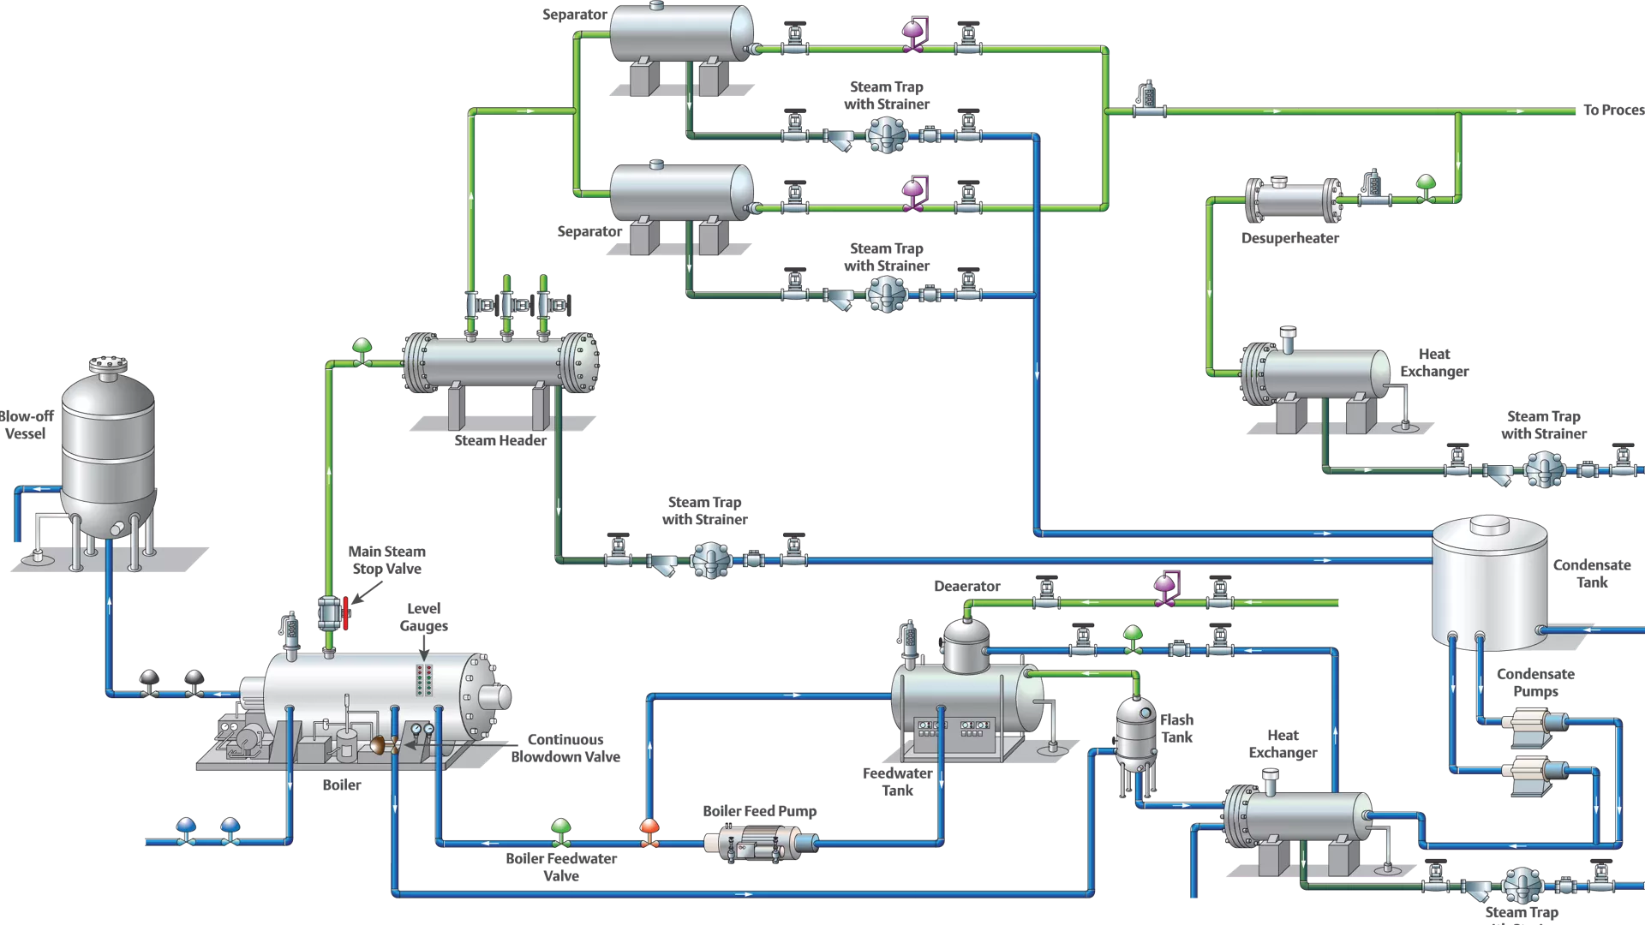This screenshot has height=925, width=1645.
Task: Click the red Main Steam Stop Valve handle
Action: coord(346,613)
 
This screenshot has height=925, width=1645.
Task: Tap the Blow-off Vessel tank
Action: coord(108,454)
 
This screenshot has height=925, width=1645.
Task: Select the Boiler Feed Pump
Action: coord(760,843)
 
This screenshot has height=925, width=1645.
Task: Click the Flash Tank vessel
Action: coord(1135,732)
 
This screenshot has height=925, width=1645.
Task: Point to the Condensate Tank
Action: coord(1490,582)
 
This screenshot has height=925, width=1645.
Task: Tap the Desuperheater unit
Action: coord(1292,200)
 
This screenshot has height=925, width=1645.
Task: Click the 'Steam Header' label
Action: coord(499,440)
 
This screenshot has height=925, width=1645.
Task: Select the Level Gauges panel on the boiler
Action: coord(424,679)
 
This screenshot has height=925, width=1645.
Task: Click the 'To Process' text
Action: coord(1612,110)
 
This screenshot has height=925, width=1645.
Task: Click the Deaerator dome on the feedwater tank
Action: coord(966,644)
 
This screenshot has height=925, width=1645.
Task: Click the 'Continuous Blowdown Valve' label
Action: coord(565,748)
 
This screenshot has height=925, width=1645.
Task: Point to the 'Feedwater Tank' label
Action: coord(897,781)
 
